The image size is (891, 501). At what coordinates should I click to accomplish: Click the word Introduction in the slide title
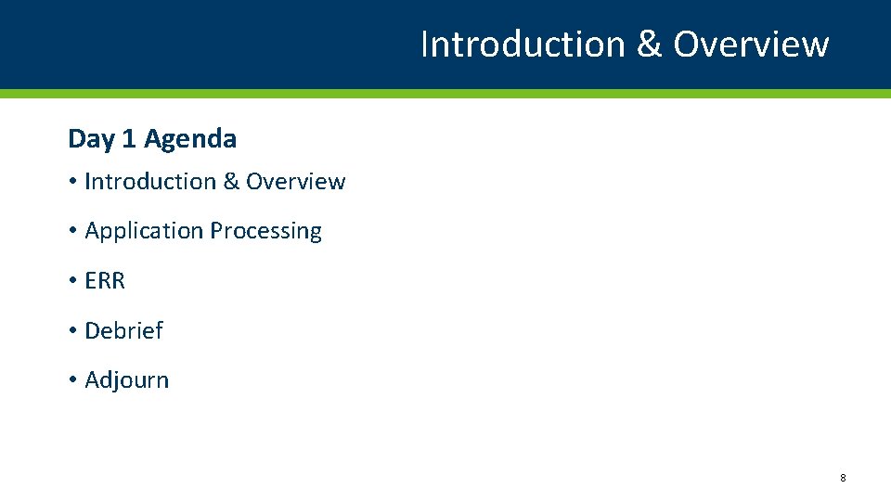point(523,45)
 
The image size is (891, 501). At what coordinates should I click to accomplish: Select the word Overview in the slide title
point(751,45)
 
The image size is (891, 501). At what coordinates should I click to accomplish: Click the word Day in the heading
point(91,139)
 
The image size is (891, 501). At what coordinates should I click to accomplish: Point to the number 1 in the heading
point(129,139)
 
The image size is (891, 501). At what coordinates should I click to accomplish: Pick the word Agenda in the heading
point(190,139)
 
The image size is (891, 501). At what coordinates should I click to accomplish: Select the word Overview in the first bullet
point(295,182)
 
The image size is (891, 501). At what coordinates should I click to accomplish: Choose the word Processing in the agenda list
point(265,231)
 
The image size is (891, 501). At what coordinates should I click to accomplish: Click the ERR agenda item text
point(105,281)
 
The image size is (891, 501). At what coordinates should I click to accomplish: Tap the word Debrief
point(123,330)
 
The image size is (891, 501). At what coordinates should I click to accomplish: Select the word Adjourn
point(127,380)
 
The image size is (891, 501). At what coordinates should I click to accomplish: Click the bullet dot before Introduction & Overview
point(72,183)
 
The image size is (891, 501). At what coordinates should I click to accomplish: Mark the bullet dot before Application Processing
point(72,232)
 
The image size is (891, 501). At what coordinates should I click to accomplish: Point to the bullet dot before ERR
point(72,281)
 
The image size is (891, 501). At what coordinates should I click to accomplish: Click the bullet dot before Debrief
point(72,331)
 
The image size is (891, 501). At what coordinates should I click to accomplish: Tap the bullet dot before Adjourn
point(72,380)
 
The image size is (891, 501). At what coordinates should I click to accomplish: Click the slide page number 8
point(843,478)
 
